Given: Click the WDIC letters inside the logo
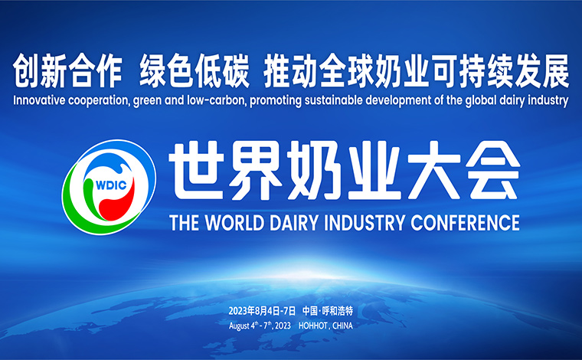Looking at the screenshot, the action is pyautogui.click(x=111, y=185).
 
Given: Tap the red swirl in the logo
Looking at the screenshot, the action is pyautogui.click(x=117, y=201).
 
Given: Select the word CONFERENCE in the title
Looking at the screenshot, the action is pyautogui.click(x=465, y=223).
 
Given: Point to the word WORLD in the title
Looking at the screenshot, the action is pyautogui.click(x=234, y=223).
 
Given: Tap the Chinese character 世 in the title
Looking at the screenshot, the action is pyautogui.click(x=196, y=170).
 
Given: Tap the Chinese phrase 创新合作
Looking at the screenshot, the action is pyautogui.click(x=67, y=71).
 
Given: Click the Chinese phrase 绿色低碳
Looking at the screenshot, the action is pyautogui.click(x=194, y=71).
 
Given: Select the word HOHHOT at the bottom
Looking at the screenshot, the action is pyautogui.click(x=313, y=326).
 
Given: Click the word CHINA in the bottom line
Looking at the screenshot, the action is pyautogui.click(x=342, y=326).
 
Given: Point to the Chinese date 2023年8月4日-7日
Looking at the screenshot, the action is pyautogui.click(x=262, y=311).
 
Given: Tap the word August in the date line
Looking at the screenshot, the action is pyautogui.click(x=239, y=326).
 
